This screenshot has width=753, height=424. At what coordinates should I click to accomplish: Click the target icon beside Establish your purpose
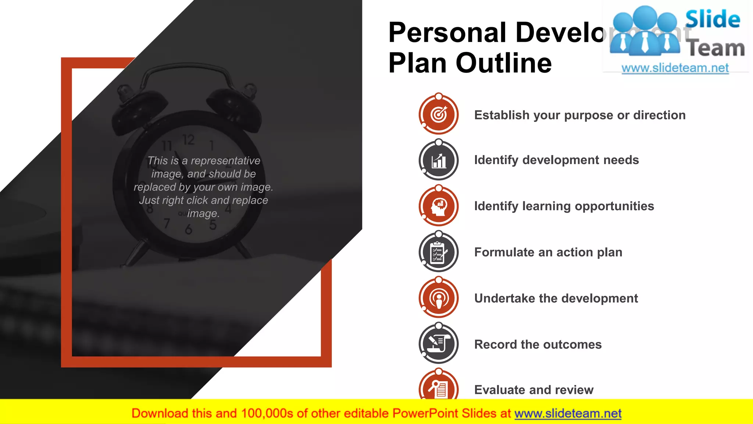coord(439,114)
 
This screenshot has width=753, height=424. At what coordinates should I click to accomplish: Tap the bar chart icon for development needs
coord(439,160)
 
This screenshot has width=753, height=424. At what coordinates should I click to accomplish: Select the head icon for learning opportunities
coord(439,206)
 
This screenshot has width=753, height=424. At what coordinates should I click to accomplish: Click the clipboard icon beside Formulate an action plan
coord(439,252)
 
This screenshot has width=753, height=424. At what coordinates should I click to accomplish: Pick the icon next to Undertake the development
coord(439,298)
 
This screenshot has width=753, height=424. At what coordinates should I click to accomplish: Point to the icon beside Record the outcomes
coord(439,344)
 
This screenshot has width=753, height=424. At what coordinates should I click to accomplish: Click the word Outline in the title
coord(504,63)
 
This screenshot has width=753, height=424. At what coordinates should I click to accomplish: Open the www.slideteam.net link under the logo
coord(675,68)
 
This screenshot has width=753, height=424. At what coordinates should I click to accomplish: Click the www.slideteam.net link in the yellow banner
coord(568,413)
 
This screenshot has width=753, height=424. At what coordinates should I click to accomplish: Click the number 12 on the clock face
coord(189,140)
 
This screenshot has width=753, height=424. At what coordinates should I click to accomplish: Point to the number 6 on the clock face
coord(189,230)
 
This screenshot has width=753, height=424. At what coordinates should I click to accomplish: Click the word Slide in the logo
coord(713,19)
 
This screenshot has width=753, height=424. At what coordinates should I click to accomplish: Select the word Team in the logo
coord(716,48)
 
